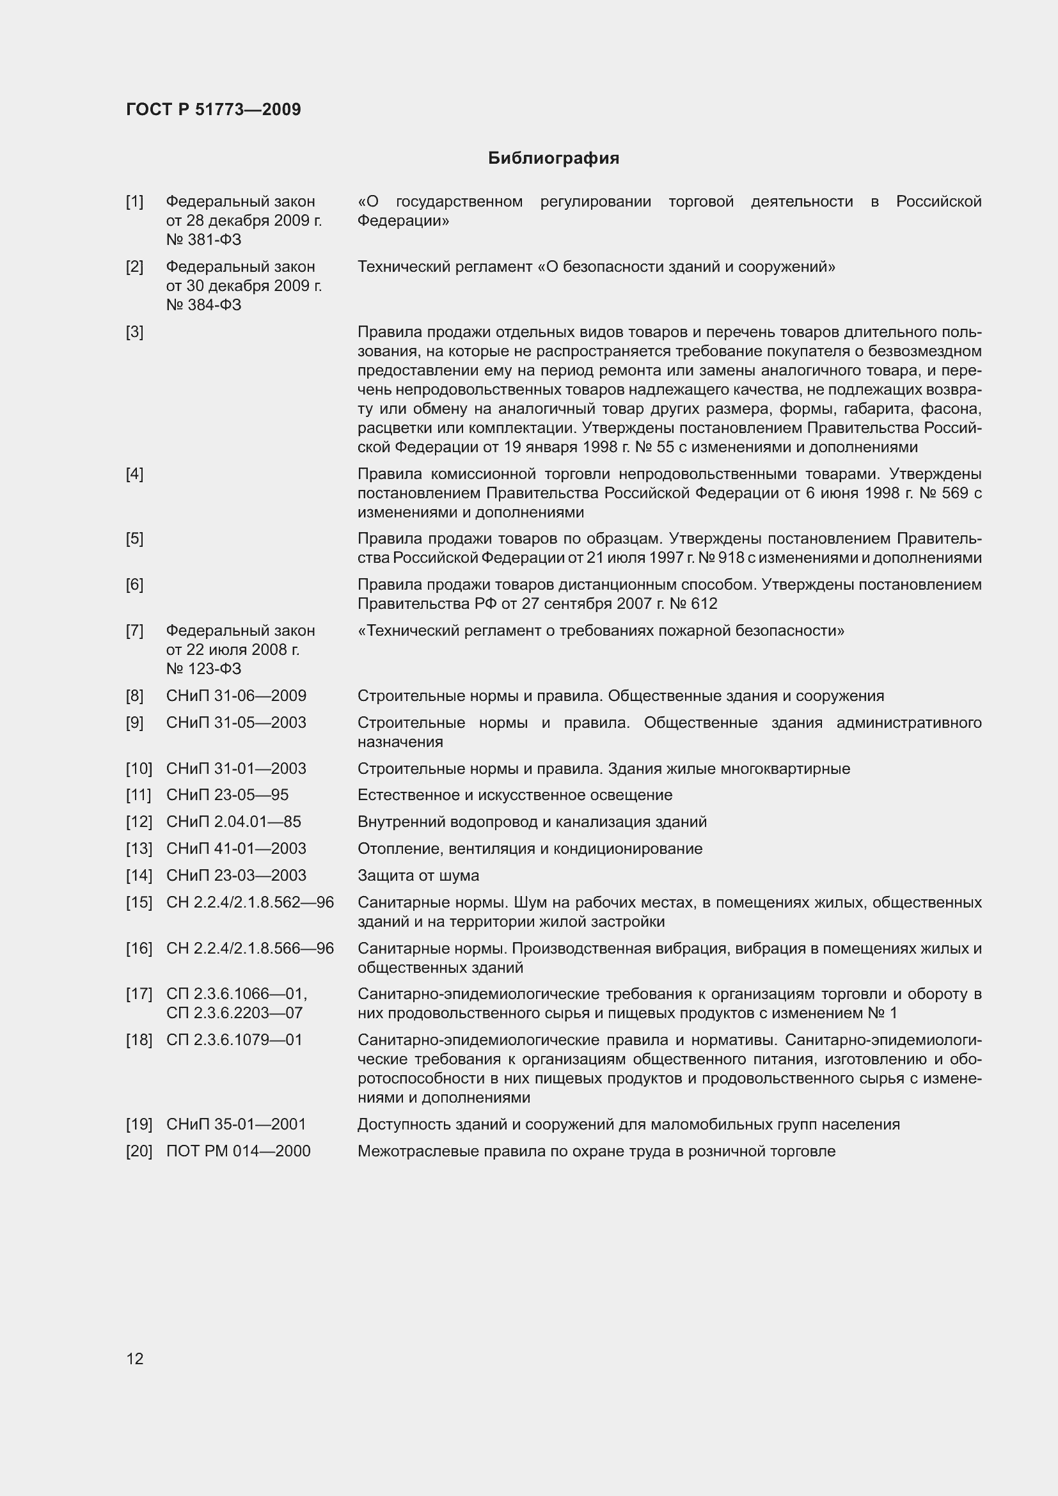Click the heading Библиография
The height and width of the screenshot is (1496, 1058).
(x=553, y=159)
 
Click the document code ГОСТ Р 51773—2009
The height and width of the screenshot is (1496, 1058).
(x=213, y=109)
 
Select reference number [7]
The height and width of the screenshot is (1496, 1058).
(x=135, y=631)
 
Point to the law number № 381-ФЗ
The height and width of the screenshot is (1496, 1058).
(x=203, y=240)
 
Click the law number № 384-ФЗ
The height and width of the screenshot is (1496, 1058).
(x=203, y=305)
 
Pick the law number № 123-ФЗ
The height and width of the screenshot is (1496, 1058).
(x=203, y=669)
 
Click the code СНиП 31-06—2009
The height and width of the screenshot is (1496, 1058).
(x=236, y=696)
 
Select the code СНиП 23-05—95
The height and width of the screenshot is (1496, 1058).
(x=226, y=795)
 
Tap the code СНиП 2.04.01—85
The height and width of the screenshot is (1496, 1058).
(x=233, y=822)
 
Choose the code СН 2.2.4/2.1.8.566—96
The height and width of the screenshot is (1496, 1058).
(x=249, y=949)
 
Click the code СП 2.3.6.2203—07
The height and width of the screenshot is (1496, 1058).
(x=234, y=1013)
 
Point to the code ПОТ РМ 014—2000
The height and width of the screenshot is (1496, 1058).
(x=238, y=1151)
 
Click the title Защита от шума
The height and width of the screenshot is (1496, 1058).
(x=418, y=876)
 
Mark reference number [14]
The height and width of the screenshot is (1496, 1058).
(x=138, y=876)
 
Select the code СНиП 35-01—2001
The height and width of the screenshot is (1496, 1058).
(x=236, y=1124)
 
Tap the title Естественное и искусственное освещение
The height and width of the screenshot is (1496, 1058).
(x=515, y=795)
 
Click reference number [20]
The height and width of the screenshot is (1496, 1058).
(x=138, y=1151)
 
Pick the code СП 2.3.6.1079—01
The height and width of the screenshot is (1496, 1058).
(x=234, y=1040)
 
